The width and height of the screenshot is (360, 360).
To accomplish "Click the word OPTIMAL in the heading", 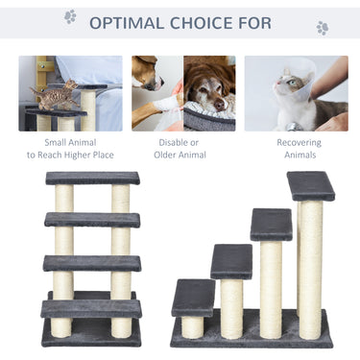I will [x=132, y=22].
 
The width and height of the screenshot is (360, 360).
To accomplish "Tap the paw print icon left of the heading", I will [x=70, y=16].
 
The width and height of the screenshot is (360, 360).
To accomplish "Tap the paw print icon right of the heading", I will [x=322, y=28].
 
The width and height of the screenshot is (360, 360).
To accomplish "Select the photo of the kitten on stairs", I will [x=69, y=92].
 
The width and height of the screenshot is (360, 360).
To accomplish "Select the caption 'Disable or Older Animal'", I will [x=179, y=149].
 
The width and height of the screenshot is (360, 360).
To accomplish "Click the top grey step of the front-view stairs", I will [x=92, y=179].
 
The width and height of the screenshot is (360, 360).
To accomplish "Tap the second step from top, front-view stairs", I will [x=92, y=220].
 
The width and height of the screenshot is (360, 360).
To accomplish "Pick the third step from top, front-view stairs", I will [x=92, y=262].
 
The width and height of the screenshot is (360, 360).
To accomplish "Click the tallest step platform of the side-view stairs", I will [x=311, y=185].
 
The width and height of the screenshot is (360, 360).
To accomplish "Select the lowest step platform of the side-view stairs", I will [x=193, y=297].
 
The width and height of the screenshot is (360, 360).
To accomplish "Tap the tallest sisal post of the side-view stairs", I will [x=310, y=264].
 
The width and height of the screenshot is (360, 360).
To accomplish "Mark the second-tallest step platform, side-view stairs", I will [x=272, y=224].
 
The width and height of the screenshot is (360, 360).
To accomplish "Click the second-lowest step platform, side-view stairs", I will [x=231, y=261].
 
